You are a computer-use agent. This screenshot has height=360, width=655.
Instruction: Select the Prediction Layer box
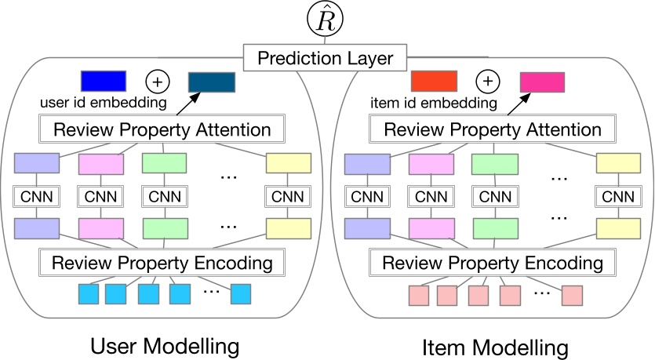pyautogui.click(x=326, y=57)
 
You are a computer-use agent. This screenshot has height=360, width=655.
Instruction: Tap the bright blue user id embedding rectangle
pyautogui.click(x=104, y=81)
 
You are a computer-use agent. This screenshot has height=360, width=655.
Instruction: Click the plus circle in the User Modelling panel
pyautogui.click(x=156, y=81)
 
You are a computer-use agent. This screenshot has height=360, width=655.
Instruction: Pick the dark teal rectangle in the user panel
pyautogui.click(x=212, y=82)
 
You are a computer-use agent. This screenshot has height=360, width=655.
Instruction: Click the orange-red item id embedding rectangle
pyautogui.click(x=434, y=81)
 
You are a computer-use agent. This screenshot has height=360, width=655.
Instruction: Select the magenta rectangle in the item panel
pyautogui.click(x=542, y=82)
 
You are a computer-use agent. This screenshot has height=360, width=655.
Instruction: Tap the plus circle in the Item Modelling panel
pyautogui.click(x=488, y=81)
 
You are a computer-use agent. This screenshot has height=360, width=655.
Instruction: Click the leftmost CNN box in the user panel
pyautogui.click(x=37, y=195)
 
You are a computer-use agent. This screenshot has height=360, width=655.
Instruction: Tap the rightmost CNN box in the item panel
pyautogui.click(x=619, y=195)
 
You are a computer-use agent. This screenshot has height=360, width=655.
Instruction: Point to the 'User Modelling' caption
pyautogui.click(x=164, y=345)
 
